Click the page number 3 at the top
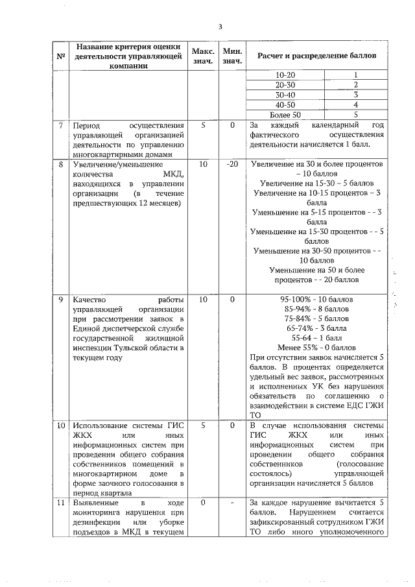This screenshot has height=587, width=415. pos(220,27)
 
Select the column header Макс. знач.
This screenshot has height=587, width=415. pos(202,56)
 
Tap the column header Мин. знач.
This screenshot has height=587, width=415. pos(232,56)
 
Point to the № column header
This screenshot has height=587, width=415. pos(60,56)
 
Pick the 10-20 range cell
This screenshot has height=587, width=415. pos(285,75)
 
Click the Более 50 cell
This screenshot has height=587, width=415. pos(285,114)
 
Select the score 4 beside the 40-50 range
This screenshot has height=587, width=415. pos(356,104)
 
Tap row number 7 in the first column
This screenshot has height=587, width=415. pos(60,125)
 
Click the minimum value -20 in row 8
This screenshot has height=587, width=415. pos(232,165)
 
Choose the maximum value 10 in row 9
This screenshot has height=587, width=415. pos(203,300)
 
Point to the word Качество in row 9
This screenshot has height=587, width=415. pos(90,300)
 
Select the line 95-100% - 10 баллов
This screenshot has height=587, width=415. pos(316,300)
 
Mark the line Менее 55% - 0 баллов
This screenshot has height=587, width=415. pos(316,347)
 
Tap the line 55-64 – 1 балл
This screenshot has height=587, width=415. pos(316,338)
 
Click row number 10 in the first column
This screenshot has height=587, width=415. pos(60,425)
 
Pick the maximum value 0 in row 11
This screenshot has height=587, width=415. pos(203,503)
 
